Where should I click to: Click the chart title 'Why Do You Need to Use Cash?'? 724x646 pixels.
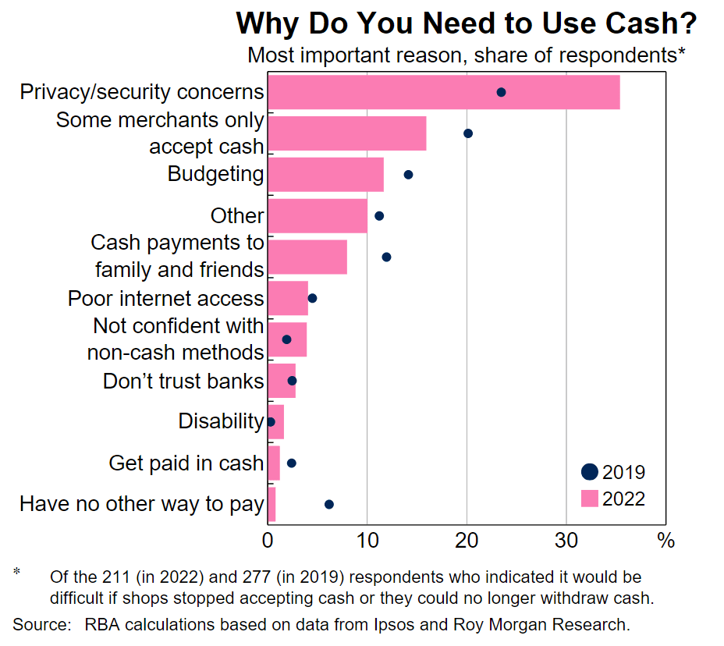click(x=466, y=23)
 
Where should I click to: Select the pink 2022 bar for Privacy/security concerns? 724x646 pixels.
click(x=443, y=92)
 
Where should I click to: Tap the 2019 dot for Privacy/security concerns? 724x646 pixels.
click(x=501, y=92)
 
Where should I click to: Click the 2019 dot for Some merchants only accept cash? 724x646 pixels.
click(x=468, y=133)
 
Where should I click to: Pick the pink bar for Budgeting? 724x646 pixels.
click(x=325, y=174)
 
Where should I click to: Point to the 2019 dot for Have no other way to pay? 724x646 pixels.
click(x=328, y=504)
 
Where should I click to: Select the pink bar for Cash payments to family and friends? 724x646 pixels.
click(x=307, y=257)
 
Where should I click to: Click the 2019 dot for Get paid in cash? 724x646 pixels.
click(x=291, y=463)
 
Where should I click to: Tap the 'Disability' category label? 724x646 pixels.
click(x=221, y=421)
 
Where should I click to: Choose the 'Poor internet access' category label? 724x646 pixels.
click(x=165, y=298)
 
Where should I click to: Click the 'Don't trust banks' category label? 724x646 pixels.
click(x=183, y=381)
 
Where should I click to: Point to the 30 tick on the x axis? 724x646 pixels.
click(x=566, y=540)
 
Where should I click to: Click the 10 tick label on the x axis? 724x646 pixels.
click(x=367, y=540)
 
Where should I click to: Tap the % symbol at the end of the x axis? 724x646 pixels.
click(x=665, y=540)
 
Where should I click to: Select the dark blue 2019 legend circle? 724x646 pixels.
click(x=590, y=471)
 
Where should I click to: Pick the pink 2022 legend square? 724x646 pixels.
click(x=590, y=498)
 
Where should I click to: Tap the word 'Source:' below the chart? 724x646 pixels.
click(x=37, y=624)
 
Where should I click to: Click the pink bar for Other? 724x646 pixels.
click(x=317, y=215)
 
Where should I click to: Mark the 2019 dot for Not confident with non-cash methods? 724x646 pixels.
click(x=286, y=339)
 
